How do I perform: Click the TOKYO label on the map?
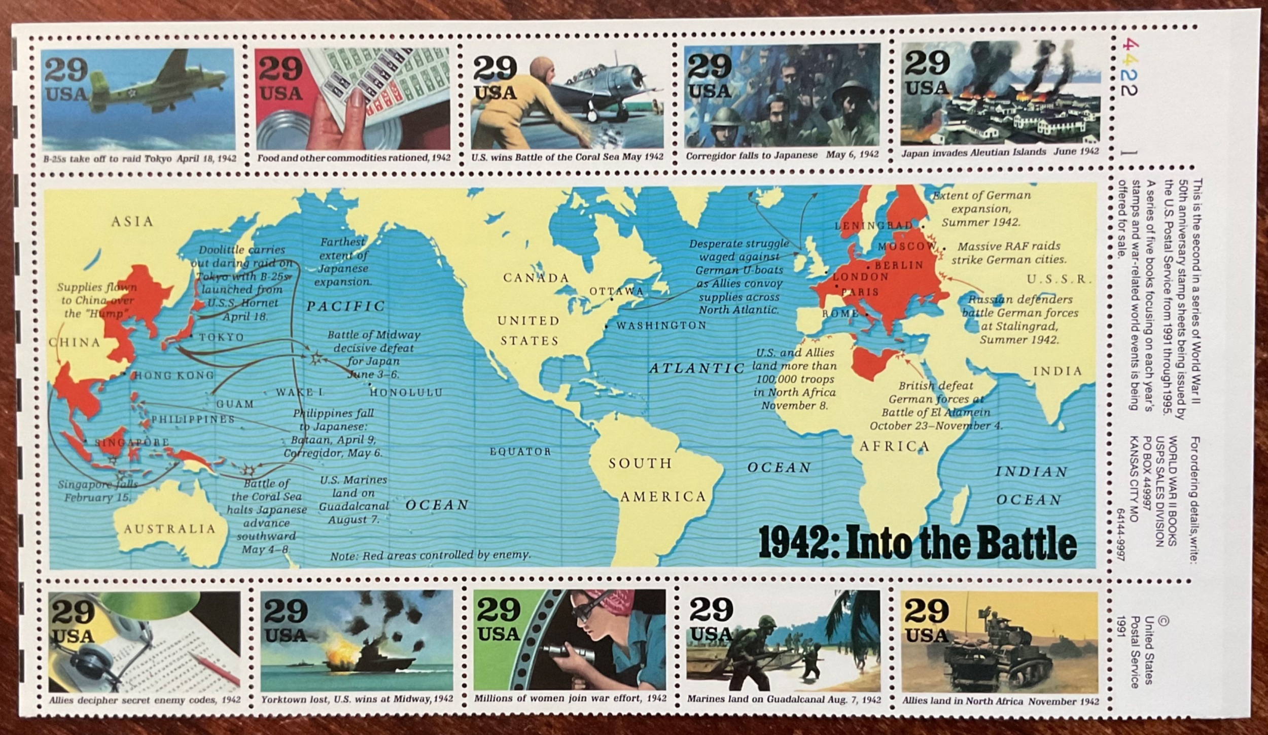[221, 337]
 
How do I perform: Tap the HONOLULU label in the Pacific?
[406, 393]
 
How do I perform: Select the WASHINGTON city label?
[661, 326]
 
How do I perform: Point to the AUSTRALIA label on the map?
[170, 529]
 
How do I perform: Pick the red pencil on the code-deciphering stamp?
[213, 667]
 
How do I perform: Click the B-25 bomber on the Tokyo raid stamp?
[132, 94]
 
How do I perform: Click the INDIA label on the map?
[1058, 371]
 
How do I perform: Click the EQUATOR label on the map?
[520, 451]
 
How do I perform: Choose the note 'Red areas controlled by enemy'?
[430, 555]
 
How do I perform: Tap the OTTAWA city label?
[616, 291]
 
